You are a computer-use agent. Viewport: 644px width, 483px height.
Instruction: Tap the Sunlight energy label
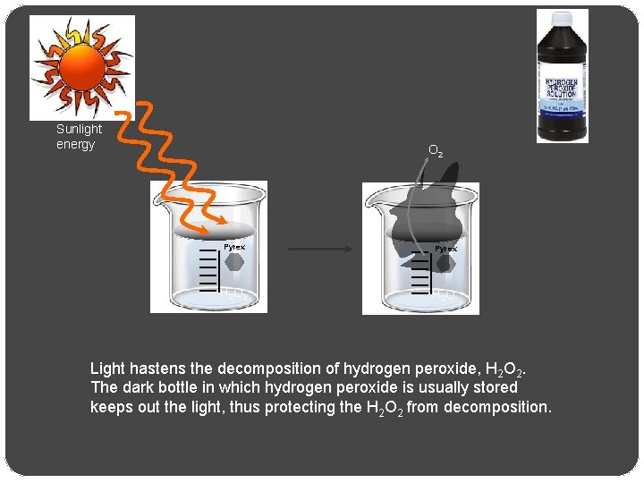[x=79, y=137]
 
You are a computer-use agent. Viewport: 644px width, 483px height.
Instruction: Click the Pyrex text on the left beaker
[x=234, y=247]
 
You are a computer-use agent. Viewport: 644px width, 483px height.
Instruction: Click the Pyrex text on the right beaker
[x=446, y=248]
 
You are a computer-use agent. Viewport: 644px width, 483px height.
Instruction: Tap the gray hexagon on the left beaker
[x=234, y=262]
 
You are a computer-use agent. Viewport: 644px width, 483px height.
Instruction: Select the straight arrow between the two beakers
[x=323, y=250]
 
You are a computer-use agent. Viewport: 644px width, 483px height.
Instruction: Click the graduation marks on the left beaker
[x=208, y=268]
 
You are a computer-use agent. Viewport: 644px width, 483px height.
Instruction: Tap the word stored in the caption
[x=496, y=387]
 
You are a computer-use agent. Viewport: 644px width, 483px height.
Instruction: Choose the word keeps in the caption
[x=110, y=407]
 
